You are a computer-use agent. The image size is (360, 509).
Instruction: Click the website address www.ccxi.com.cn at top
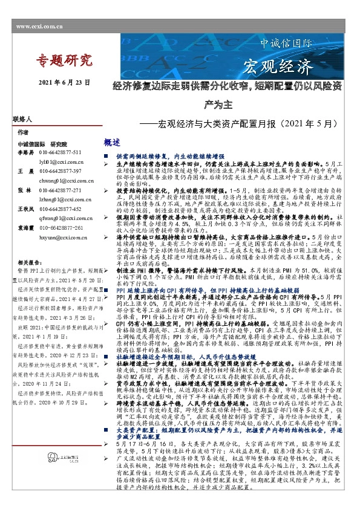point(40,27)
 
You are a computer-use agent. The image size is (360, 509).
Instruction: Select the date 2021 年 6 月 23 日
point(64,82)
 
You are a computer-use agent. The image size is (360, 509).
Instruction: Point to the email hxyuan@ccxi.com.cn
point(63,238)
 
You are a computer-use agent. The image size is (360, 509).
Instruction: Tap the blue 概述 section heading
point(113,142)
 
